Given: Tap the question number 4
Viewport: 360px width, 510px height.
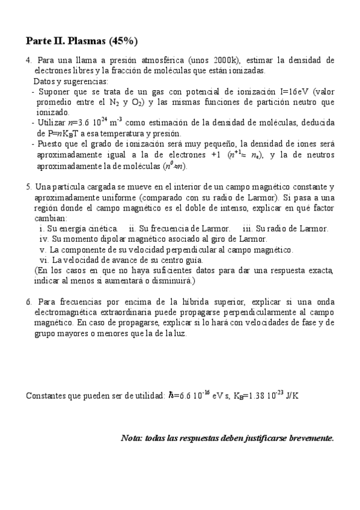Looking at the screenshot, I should tap(28, 61).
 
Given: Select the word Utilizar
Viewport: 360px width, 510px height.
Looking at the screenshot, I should tap(53, 123).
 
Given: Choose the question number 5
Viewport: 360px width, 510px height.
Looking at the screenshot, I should tap(28, 187).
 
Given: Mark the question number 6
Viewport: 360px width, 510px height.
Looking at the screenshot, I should tap(28, 301).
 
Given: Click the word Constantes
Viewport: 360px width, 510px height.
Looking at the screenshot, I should tap(47, 396).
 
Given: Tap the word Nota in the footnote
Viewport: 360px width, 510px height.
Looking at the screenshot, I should tap(132, 438).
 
